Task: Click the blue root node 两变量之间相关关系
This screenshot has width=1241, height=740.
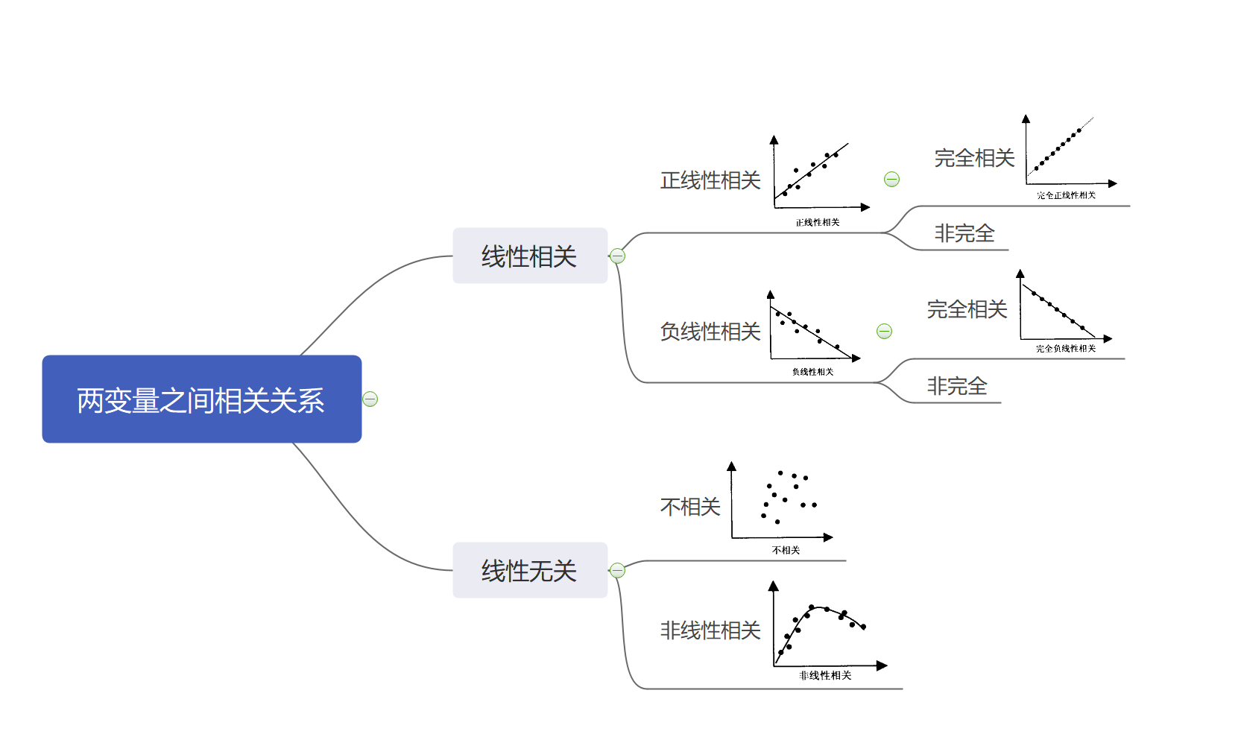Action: coord(201,399)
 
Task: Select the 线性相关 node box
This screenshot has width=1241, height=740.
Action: coord(529,256)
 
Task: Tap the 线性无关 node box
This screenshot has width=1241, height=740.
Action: coord(529,570)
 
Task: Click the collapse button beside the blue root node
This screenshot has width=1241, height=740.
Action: coord(370,399)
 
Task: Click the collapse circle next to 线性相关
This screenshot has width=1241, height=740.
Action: coord(617,256)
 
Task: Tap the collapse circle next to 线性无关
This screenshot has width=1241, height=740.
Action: coord(617,570)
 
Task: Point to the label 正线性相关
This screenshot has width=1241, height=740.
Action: coord(710,180)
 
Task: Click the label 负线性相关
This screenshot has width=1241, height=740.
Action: coord(710,332)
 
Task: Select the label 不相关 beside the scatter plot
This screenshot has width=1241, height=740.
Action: coord(689,507)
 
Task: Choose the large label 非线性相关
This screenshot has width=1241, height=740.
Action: coord(710,630)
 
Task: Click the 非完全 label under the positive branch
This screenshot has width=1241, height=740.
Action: coord(964,233)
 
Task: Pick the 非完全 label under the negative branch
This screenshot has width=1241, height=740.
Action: coord(957,386)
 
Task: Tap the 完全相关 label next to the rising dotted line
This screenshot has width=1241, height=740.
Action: coord(974,158)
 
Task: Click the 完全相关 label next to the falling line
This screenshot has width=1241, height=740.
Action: coord(967,309)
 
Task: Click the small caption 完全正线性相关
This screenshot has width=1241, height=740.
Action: coord(1066,195)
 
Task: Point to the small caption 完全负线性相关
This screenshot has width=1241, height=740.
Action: coord(1066,349)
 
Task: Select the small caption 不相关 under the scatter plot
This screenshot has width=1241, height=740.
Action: coord(786,550)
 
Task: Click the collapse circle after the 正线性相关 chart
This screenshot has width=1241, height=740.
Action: coord(891,179)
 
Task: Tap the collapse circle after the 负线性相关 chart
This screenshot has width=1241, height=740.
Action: coord(884,331)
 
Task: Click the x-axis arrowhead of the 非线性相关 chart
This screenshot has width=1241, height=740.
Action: coord(882,665)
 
